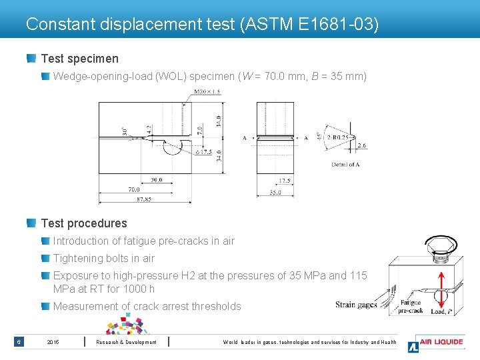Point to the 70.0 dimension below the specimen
(x=134, y=189)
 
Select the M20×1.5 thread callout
(x=207, y=92)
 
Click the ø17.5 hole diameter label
(x=205, y=151)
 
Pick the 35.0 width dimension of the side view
(x=275, y=193)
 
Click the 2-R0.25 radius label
(x=338, y=137)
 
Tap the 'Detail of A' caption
(x=345, y=165)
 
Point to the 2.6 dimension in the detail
(x=361, y=145)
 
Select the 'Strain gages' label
(x=356, y=305)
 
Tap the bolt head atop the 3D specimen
(x=443, y=248)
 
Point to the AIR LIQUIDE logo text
(x=441, y=342)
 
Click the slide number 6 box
(x=19, y=343)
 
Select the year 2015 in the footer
(x=53, y=343)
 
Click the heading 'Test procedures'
(x=84, y=223)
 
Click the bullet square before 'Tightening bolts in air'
(x=45, y=258)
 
